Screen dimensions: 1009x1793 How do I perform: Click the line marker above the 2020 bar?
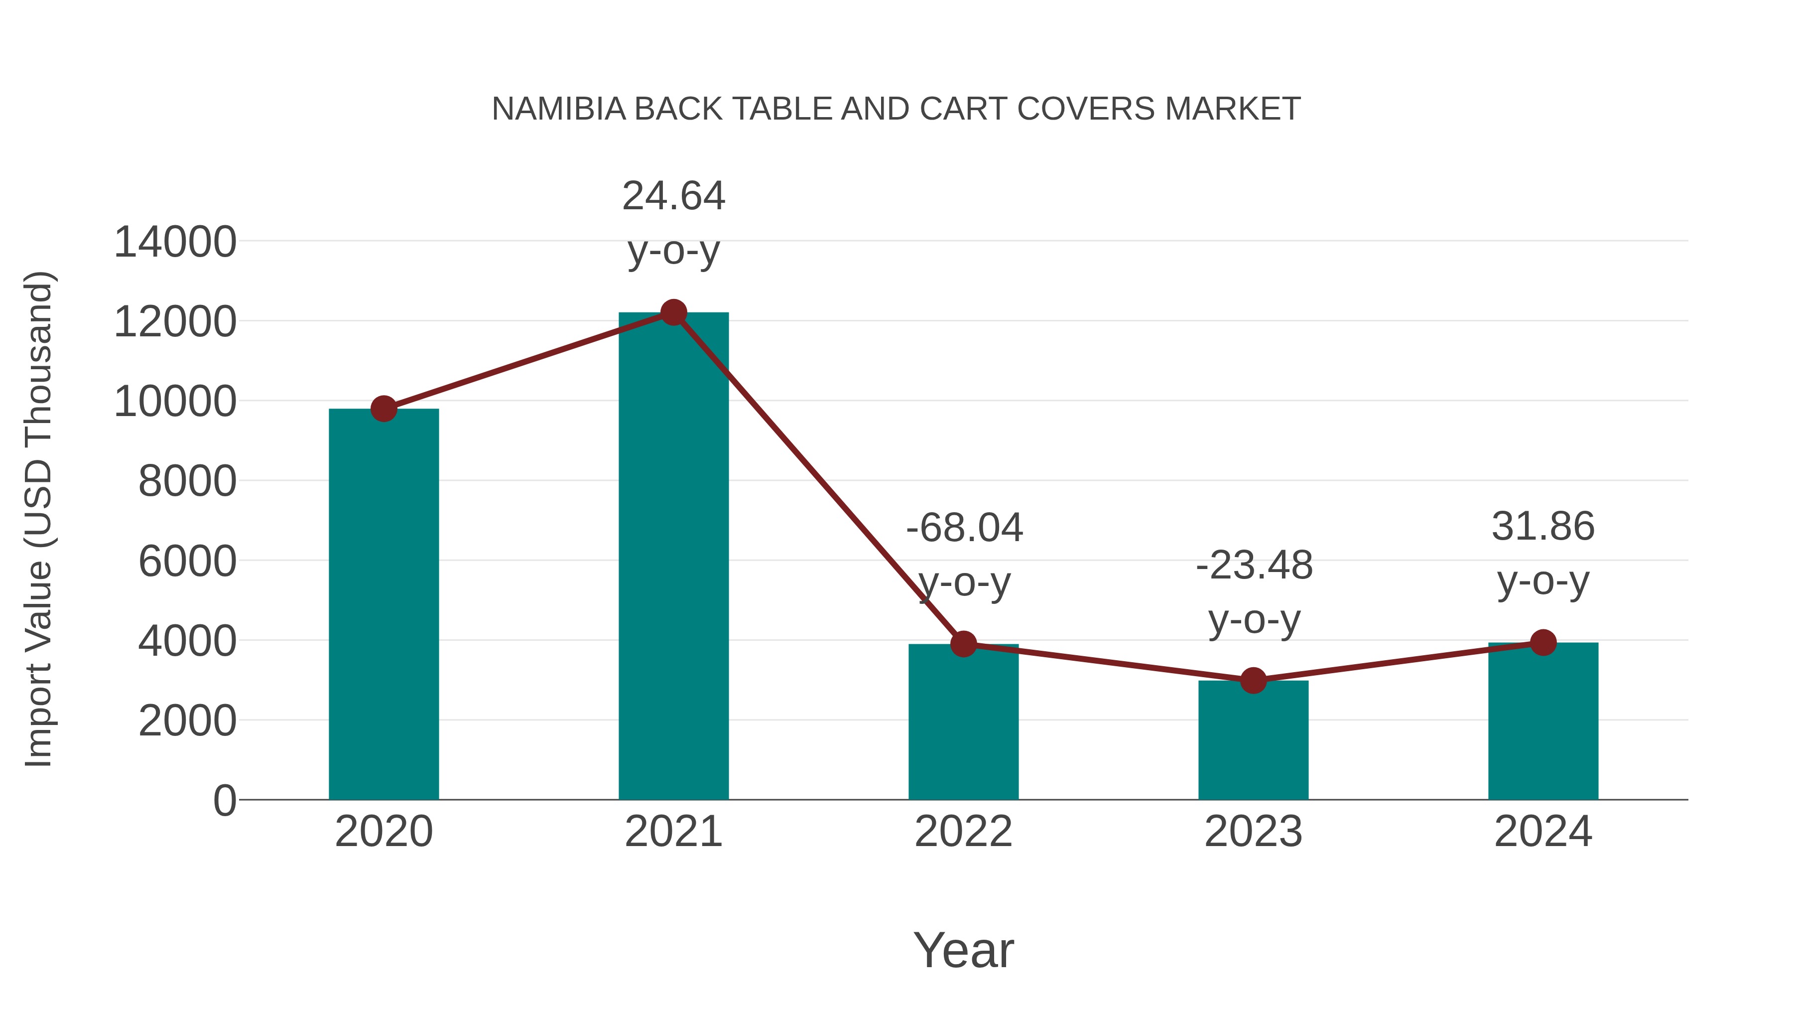pos(384,409)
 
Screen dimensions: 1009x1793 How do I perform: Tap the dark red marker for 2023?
pos(1253,680)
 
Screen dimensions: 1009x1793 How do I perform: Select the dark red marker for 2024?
pos(1543,643)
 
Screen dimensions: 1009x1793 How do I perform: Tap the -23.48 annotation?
pos(1254,566)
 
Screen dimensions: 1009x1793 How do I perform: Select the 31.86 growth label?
pos(1543,527)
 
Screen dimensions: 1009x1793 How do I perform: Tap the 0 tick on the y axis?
pos(224,800)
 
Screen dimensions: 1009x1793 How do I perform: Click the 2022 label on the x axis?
pos(963,832)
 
